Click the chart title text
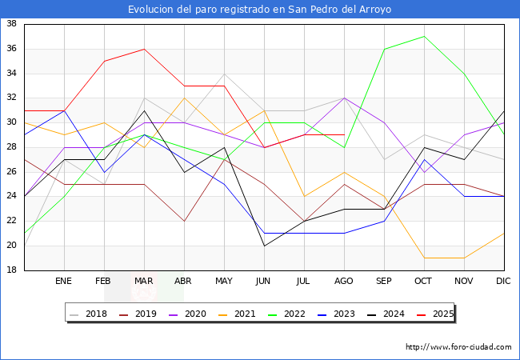260,10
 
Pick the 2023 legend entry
340,314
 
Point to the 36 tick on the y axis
12,49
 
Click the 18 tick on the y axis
12,270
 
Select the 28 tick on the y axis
12,147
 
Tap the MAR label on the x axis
144,282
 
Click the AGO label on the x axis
344,282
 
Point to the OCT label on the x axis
424,282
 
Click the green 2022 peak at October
424,36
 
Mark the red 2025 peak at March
144,49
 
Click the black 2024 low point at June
264,246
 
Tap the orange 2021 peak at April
184,98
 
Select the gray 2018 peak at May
224,74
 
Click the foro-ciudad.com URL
458,347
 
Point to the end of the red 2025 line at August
344,135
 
